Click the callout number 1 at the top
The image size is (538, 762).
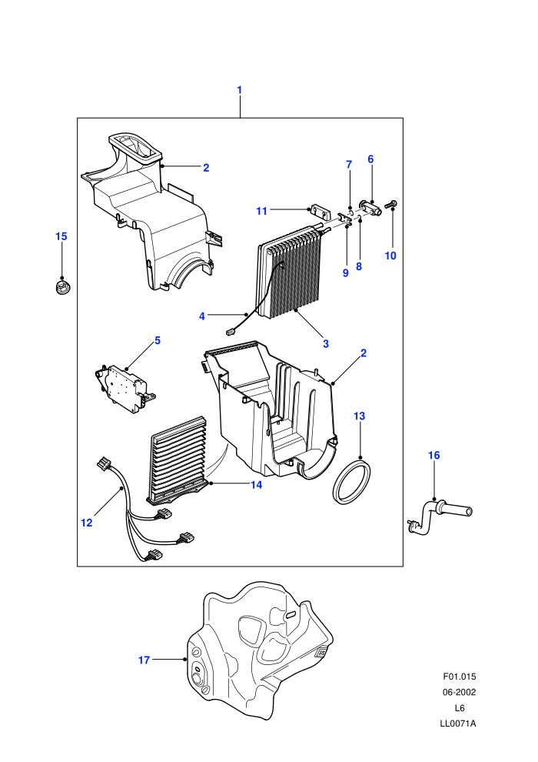point(239,90)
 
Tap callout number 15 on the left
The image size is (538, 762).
point(61,236)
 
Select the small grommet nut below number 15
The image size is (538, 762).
point(61,286)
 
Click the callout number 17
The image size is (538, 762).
point(144,660)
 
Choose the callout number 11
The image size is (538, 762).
point(261,211)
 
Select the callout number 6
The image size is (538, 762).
point(370,159)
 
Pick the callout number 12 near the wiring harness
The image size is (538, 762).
point(86,523)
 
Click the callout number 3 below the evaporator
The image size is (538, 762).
point(326,343)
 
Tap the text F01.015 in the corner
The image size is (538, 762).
point(460,676)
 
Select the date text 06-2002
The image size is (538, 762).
point(460,692)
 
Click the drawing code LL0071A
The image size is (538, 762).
point(458,724)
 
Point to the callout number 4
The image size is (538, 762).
point(202,316)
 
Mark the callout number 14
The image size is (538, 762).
point(256,484)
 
